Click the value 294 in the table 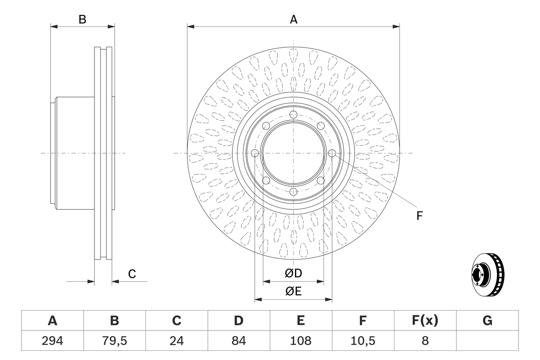click(x=52, y=341)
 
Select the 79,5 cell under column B click(x=114, y=341)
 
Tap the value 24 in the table click(x=176, y=341)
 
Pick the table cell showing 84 click(x=238, y=341)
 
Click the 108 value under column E click(x=300, y=341)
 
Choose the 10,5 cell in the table click(x=362, y=341)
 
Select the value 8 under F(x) click(x=425, y=341)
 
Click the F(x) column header click(x=425, y=321)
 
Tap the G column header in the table click(x=487, y=321)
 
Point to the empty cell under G click(x=487, y=341)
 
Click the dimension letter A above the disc click(x=294, y=19)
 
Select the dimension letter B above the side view click(x=83, y=19)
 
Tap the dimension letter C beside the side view click(x=132, y=274)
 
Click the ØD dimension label click(x=294, y=273)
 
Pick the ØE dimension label click(x=294, y=292)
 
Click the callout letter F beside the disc click(x=419, y=216)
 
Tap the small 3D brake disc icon click(x=488, y=275)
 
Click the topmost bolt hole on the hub click(x=293, y=114)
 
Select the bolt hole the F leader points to click(x=332, y=153)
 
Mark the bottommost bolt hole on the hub click(x=293, y=192)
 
